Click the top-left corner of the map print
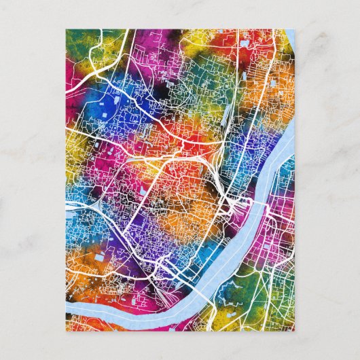click(66, 29)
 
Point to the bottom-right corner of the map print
click(294, 331)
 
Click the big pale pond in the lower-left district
click(101, 258)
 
